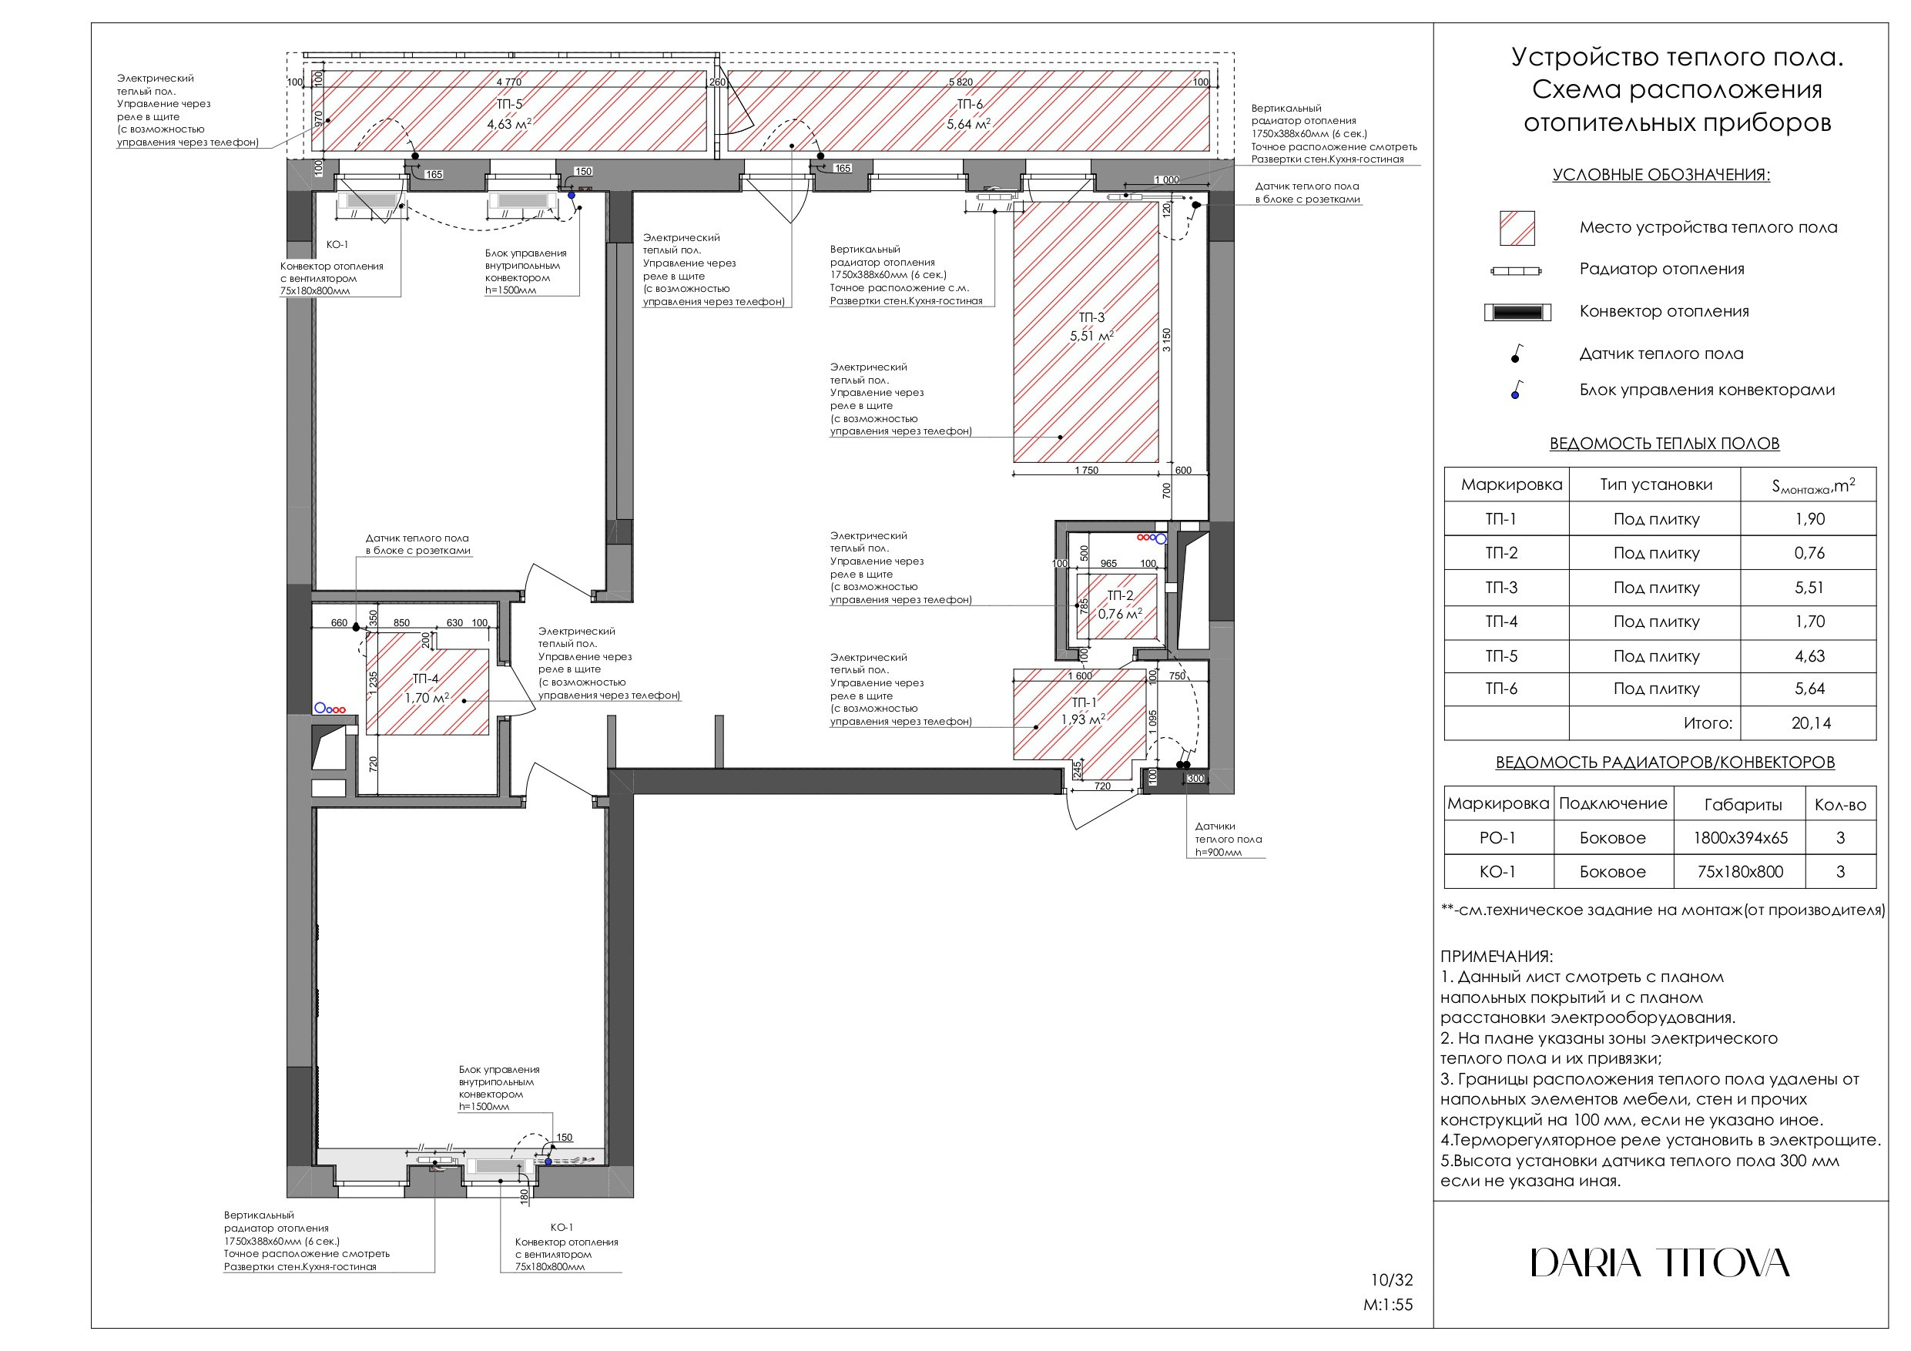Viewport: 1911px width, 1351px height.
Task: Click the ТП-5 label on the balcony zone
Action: click(x=509, y=105)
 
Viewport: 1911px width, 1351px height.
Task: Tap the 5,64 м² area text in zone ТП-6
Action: click(x=969, y=124)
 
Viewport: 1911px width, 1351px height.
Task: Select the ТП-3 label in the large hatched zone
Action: click(x=1091, y=317)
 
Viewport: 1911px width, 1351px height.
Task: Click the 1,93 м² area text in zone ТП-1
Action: click(x=1083, y=719)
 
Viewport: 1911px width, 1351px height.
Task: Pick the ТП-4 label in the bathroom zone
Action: click(x=425, y=679)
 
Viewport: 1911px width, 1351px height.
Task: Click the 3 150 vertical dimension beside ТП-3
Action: click(x=1167, y=340)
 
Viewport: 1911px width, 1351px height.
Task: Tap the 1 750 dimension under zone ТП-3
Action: click(x=1085, y=471)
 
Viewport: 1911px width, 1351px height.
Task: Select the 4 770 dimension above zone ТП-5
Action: click(x=508, y=82)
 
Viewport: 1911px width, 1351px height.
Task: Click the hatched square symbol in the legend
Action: click(x=1517, y=228)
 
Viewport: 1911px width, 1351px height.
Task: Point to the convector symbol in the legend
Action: click(x=1517, y=313)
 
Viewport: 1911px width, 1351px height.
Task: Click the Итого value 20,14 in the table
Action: click(x=1810, y=722)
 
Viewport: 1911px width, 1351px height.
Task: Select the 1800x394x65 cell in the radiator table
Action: click(x=1739, y=837)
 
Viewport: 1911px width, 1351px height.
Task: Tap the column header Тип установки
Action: click(x=1655, y=484)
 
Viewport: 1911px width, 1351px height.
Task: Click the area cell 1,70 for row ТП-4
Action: click(x=1809, y=621)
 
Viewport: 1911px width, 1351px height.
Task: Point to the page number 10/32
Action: click(x=1392, y=1280)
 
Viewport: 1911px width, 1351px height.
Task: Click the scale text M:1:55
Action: click(x=1387, y=1306)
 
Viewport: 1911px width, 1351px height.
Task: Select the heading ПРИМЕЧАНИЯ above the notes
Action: click(x=1497, y=957)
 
